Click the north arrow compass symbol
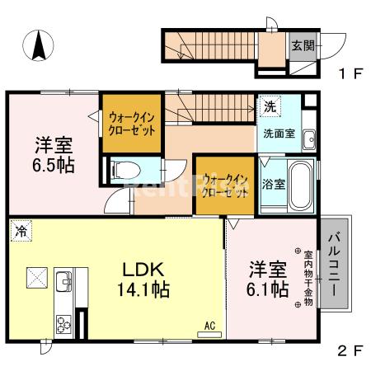pyautogui.click(x=39, y=45)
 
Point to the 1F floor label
pyautogui.click(x=349, y=74)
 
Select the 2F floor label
pyautogui.click(x=349, y=350)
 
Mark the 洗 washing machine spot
pyautogui.click(x=270, y=107)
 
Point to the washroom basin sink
pyautogui.click(x=308, y=138)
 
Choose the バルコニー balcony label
pyautogui.click(x=335, y=266)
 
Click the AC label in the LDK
pyautogui.click(x=209, y=327)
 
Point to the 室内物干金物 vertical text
pyautogui.click(x=308, y=279)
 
